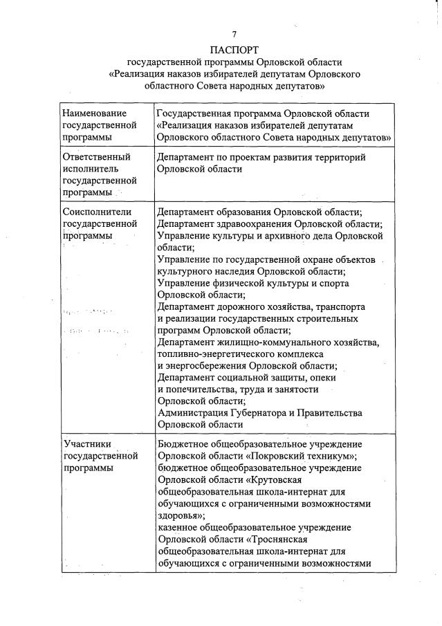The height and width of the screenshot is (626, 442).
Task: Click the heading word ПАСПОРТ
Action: [234, 49]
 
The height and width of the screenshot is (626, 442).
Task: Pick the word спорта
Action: [333, 284]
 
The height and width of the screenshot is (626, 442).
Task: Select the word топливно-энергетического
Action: [215, 354]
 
